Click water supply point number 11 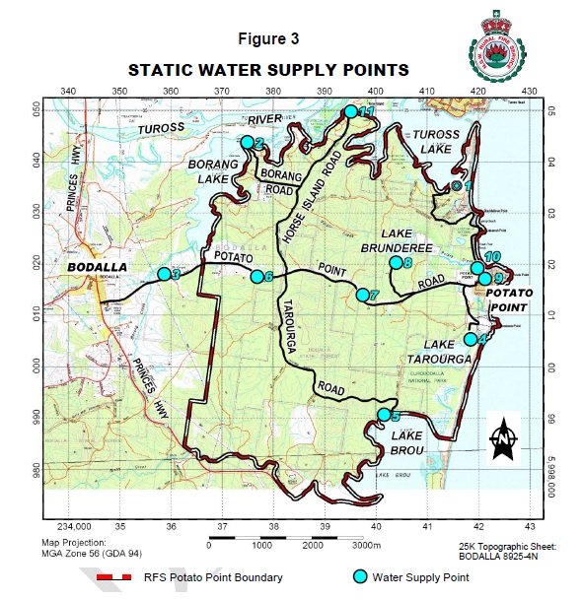pyautogui.click(x=350, y=111)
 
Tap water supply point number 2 pyautogui.click(x=247, y=142)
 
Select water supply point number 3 pyautogui.click(x=164, y=274)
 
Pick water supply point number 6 pyautogui.click(x=256, y=277)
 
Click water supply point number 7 pyautogui.click(x=362, y=295)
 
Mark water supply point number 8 pyautogui.click(x=396, y=262)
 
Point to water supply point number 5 pyautogui.click(x=384, y=415)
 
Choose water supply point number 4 pyautogui.click(x=471, y=339)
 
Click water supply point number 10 pyautogui.click(x=477, y=267)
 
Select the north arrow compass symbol pyautogui.click(x=502, y=436)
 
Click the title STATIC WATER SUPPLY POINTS pyautogui.click(x=268, y=71)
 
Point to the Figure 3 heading pyautogui.click(x=268, y=39)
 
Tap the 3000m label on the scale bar pyautogui.click(x=366, y=545)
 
